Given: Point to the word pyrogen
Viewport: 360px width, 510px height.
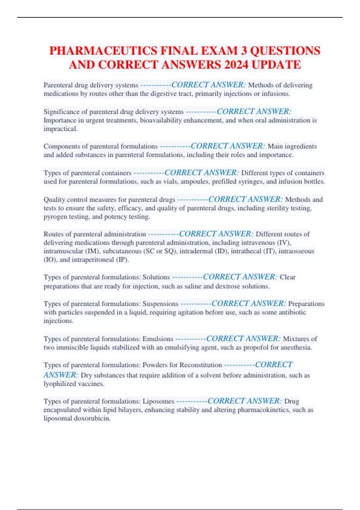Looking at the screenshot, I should click(55, 217).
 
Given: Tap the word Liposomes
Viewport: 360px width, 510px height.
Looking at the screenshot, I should click(158, 401).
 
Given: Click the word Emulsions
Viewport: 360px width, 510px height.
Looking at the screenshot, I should click(158, 339).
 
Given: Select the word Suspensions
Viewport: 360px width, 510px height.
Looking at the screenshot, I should click(160, 304).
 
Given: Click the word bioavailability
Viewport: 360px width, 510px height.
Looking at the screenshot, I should click(162, 120).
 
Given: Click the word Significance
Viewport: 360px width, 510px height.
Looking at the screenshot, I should click(61, 112).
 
